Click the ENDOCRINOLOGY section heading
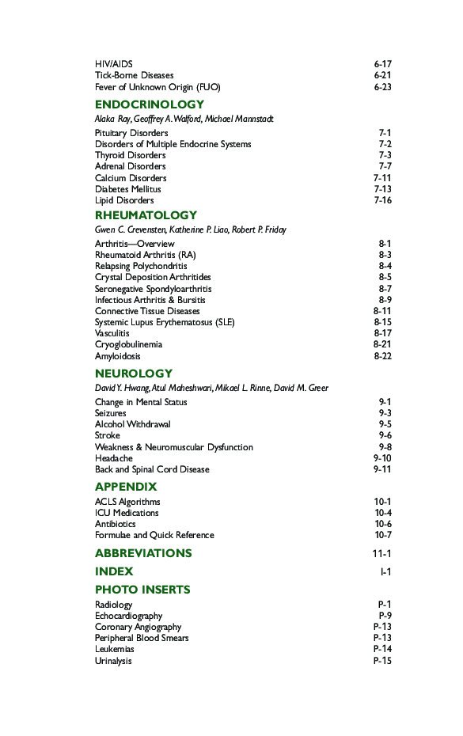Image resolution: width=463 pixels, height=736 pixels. pos(149,104)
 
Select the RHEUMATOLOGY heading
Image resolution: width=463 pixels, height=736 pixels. pos(146,215)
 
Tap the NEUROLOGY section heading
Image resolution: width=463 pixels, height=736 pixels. pos(134,374)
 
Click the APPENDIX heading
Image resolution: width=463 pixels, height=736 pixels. pos(126,487)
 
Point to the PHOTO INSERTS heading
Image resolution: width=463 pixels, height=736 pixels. pos(142,590)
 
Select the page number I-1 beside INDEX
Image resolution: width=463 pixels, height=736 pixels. pos(385,571)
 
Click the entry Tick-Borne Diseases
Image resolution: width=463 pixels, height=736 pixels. pos(134,75)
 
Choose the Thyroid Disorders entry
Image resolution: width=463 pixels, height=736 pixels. pos(130,155)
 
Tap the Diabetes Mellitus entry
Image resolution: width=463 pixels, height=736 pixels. pos(127,189)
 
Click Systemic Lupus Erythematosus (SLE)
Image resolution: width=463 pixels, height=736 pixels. pos(165,322)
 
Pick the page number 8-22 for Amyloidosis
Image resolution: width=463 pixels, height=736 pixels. pos(382,356)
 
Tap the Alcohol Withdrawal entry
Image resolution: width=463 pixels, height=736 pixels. pos(132,424)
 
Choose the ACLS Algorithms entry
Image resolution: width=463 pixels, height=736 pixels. pos(127,502)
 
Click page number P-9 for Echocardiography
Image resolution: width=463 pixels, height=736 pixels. pos(385,616)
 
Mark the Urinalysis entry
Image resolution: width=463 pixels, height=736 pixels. pos(113,661)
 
